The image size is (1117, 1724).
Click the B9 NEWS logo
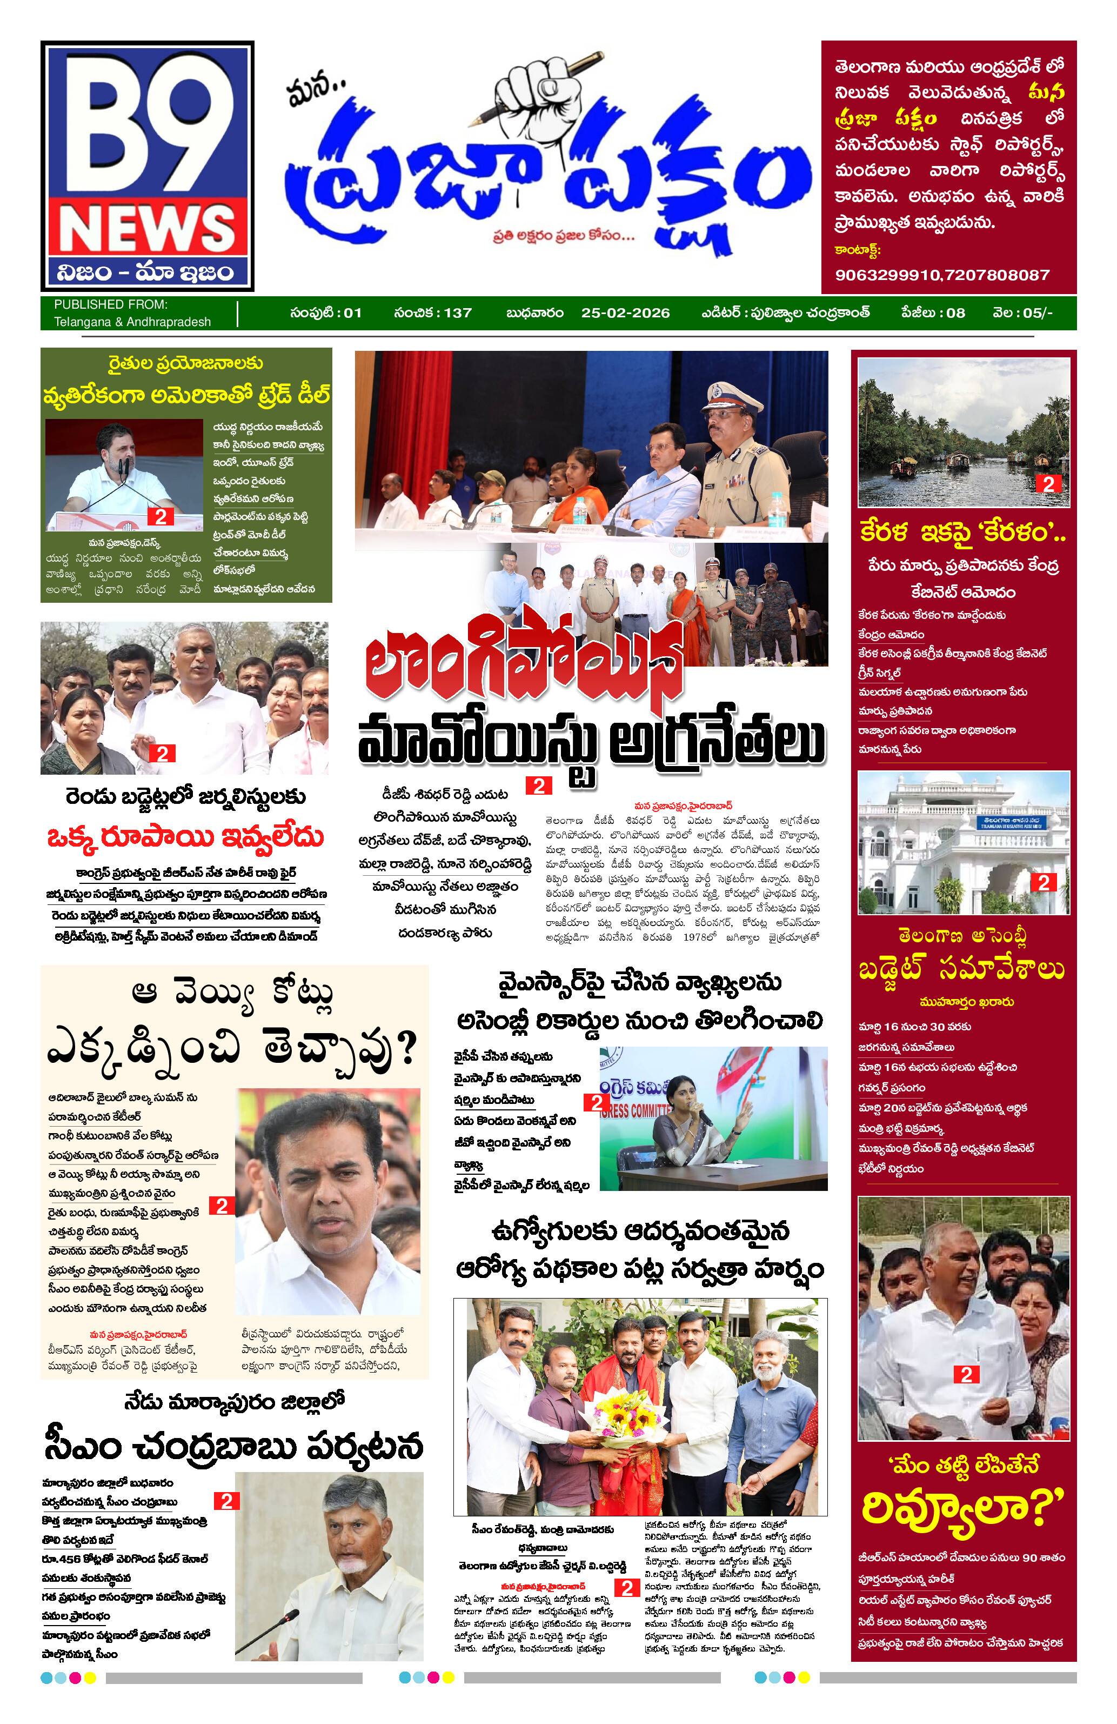tap(147, 165)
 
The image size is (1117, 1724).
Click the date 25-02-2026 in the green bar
tap(625, 313)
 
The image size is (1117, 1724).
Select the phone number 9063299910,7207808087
tap(942, 275)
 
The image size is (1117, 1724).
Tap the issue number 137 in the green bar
tap(458, 313)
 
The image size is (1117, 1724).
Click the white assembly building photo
tap(963, 842)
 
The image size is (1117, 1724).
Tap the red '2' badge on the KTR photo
tap(222, 1206)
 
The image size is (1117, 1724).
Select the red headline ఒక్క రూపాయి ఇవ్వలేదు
tap(185, 837)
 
